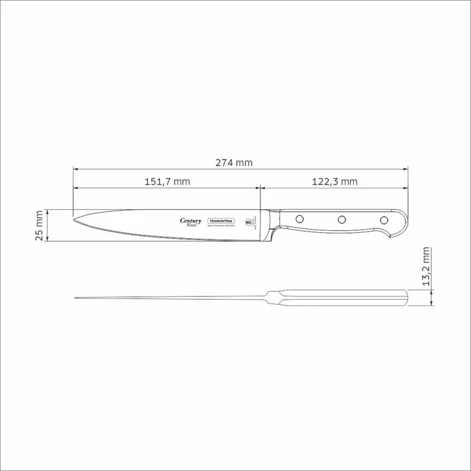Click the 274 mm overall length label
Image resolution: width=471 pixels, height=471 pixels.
tap(234, 162)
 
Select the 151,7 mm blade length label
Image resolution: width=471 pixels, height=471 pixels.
tap(167, 181)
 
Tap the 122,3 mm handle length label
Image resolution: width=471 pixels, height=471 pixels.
tap(335, 181)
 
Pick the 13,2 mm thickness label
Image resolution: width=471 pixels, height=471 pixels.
tap(426, 267)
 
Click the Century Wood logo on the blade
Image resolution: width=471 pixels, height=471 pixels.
tap(190, 222)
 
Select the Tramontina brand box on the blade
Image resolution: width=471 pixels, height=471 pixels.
tap(222, 222)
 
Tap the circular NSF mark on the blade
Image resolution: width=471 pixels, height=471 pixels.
tap(249, 222)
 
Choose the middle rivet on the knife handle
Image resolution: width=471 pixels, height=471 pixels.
tap(341, 219)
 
